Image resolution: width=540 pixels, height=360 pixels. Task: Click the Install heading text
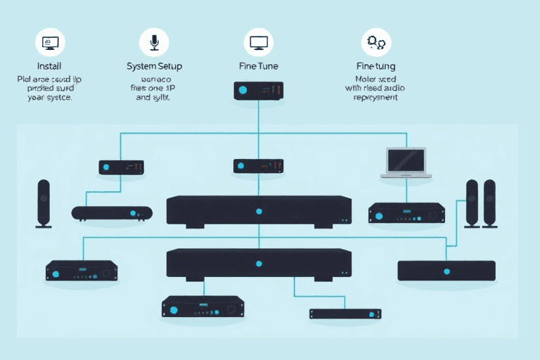[49, 65]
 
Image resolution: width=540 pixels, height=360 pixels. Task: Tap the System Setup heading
[154, 66]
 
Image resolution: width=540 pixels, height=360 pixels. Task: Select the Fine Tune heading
[258, 66]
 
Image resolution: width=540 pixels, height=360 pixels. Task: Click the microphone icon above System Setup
[154, 41]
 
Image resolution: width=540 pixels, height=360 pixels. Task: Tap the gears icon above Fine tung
[375, 42]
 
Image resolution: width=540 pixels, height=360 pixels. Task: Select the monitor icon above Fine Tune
[258, 42]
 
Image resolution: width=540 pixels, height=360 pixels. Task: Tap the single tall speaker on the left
[44, 203]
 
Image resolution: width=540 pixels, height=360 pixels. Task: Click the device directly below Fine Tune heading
[259, 90]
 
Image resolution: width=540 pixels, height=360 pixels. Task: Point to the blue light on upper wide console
[259, 211]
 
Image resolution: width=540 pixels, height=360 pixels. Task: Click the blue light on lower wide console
[259, 263]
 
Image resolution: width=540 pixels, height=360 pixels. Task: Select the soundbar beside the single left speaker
[112, 212]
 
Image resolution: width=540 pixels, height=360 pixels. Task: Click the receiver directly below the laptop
[406, 212]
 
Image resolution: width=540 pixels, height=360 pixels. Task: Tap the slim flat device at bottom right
[345, 314]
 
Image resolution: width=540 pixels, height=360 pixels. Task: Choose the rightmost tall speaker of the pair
[489, 202]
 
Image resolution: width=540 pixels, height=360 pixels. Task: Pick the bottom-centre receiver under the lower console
[203, 306]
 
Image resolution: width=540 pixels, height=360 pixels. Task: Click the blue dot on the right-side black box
[446, 271]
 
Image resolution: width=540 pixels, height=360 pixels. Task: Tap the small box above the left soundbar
[121, 167]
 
